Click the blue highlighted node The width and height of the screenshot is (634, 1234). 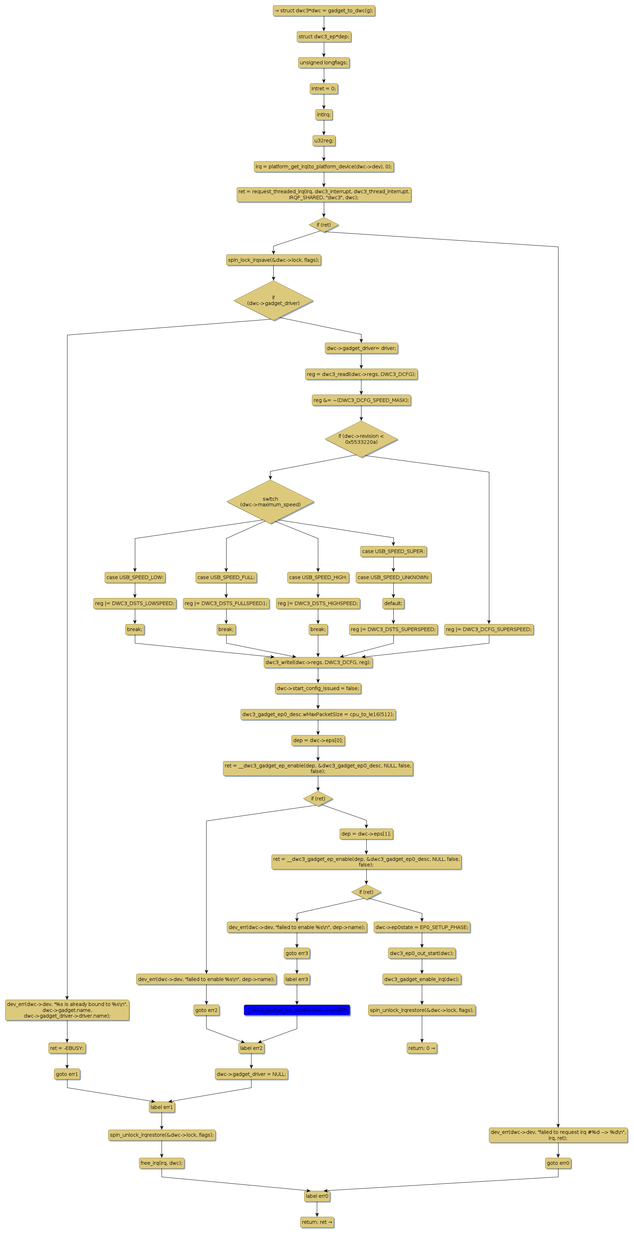(x=296, y=1010)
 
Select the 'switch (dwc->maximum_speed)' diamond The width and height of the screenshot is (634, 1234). (x=270, y=501)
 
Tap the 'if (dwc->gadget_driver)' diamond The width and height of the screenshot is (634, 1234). (x=273, y=300)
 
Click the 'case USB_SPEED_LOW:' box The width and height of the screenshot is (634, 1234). (x=135, y=577)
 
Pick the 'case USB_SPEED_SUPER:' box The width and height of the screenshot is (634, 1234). (x=393, y=551)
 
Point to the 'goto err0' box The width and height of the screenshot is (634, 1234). (x=558, y=1163)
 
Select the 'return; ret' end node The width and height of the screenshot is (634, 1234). (x=316, y=1222)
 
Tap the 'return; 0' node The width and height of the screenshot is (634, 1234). (x=421, y=1048)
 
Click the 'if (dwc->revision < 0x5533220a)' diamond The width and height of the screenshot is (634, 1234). (x=361, y=439)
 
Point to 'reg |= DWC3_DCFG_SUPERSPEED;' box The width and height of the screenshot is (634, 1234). (x=489, y=629)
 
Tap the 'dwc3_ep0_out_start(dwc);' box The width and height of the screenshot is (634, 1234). (x=421, y=953)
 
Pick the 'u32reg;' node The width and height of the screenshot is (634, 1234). (x=324, y=140)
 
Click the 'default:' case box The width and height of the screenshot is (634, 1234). (x=393, y=603)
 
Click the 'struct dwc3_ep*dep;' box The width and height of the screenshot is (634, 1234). (x=324, y=37)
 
